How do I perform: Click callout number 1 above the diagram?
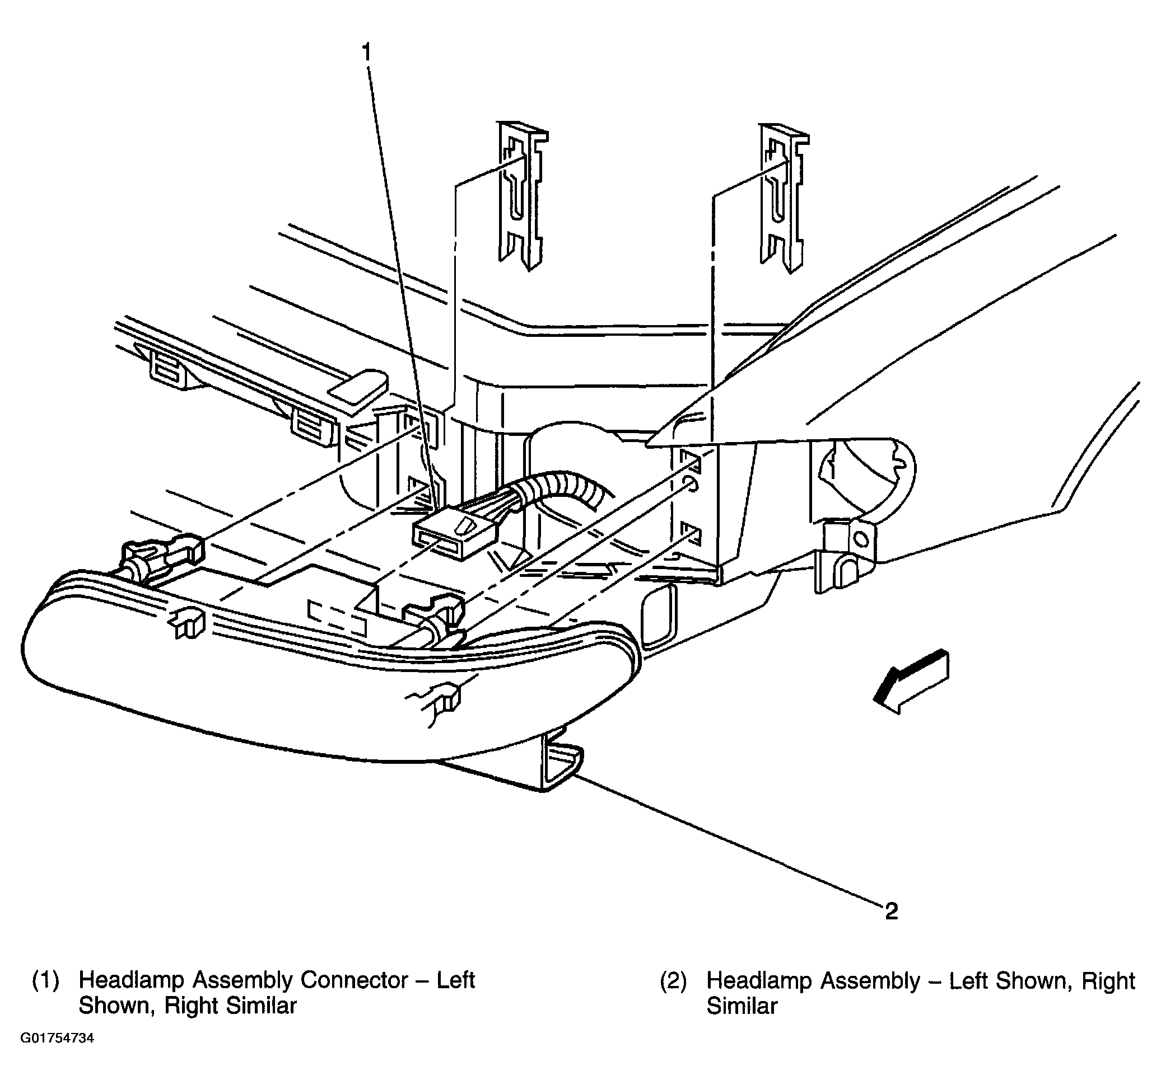[x=366, y=53]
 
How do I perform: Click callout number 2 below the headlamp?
[x=891, y=910]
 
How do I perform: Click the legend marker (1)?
[x=45, y=980]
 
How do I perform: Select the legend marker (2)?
[x=673, y=980]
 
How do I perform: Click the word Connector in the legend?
[x=353, y=980]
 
